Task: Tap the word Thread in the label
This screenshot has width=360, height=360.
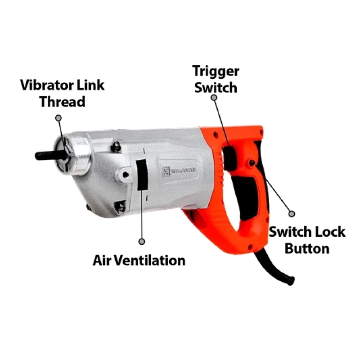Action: tap(62, 102)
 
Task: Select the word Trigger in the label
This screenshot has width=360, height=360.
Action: tap(216, 71)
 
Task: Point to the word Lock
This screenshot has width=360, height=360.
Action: tap(330, 232)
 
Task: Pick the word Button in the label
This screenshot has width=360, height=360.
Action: tap(307, 248)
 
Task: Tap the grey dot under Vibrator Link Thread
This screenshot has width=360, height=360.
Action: tap(58, 118)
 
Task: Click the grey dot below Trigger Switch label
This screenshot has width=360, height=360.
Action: tap(214, 97)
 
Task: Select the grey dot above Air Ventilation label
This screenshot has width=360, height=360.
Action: tap(142, 242)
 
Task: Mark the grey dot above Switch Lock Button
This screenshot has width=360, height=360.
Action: tap(291, 214)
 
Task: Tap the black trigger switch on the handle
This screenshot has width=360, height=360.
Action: tap(229, 156)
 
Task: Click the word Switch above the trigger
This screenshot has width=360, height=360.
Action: tap(215, 87)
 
